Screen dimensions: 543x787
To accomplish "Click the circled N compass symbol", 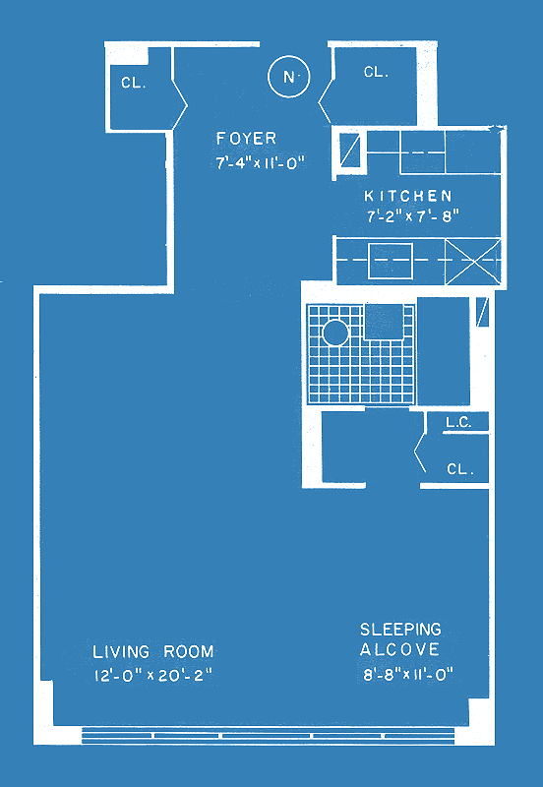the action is click(288, 77).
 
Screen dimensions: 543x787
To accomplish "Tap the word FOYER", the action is click(246, 138).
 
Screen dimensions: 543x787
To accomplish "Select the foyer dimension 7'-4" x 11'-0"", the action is click(261, 163).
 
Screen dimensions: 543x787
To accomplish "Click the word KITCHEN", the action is click(408, 195).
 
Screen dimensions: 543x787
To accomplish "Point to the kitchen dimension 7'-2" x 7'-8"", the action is click(413, 216).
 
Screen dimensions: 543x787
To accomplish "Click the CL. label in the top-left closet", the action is click(134, 83).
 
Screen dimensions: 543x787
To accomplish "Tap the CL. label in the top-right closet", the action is click(377, 72).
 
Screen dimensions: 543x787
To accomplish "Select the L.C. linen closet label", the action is click(458, 423).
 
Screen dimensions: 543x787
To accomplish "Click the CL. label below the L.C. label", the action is click(460, 469).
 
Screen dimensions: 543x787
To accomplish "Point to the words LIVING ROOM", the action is click(153, 652).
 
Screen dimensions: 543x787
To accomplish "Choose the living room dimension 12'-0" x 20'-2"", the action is click(153, 675).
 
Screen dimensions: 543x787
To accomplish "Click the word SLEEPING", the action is click(400, 629).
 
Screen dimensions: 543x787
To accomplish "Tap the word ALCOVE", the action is click(399, 649).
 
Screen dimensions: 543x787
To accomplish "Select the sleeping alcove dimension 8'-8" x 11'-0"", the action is click(408, 674).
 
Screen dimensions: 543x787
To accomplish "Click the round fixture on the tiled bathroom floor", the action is click(334, 333).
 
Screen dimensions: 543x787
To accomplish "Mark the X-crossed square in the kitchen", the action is click(473, 262).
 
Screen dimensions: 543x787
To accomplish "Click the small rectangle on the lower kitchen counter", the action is click(391, 261).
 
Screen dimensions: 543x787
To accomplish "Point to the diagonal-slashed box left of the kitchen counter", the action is click(350, 150).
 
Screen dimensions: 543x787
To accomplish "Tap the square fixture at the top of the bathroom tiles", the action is click(384, 322).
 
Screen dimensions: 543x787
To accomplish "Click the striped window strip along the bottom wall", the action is click(268, 735).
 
